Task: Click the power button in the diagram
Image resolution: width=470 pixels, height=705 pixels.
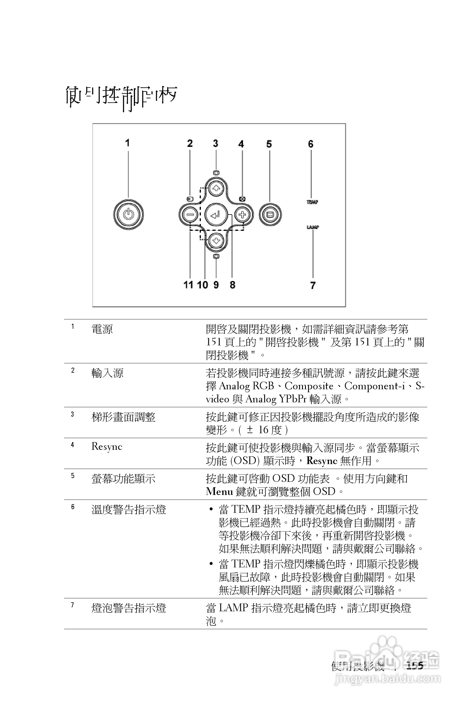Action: (x=128, y=215)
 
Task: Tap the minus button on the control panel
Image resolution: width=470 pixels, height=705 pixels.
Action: (x=190, y=215)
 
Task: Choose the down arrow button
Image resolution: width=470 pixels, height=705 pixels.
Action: (x=216, y=240)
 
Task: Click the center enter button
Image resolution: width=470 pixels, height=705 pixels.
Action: (x=216, y=215)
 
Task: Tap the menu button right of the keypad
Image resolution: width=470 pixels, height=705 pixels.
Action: (x=270, y=215)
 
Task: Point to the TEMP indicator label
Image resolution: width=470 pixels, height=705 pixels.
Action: (x=312, y=202)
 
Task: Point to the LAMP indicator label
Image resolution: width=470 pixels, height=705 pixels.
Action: (x=312, y=227)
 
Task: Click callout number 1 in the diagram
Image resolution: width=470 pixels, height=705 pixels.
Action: (x=127, y=143)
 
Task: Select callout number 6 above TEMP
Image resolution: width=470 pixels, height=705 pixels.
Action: (x=311, y=144)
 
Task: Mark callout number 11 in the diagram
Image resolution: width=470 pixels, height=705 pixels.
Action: (x=188, y=285)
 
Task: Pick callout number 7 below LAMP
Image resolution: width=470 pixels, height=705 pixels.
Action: (x=313, y=285)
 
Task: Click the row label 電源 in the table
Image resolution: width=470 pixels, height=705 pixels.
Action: (x=102, y=329)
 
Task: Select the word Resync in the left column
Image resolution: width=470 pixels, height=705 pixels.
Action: (x=107, y=447)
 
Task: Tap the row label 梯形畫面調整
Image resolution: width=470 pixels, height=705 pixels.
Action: (x=123, y=417)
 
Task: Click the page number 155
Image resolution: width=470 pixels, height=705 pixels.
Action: (x=415, y=666)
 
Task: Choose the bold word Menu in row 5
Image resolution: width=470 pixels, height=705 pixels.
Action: (x=219, y=492)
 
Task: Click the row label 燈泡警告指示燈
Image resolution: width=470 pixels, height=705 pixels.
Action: (x=128, y=608)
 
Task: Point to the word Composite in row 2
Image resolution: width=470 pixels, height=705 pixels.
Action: (x=309, y=386)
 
